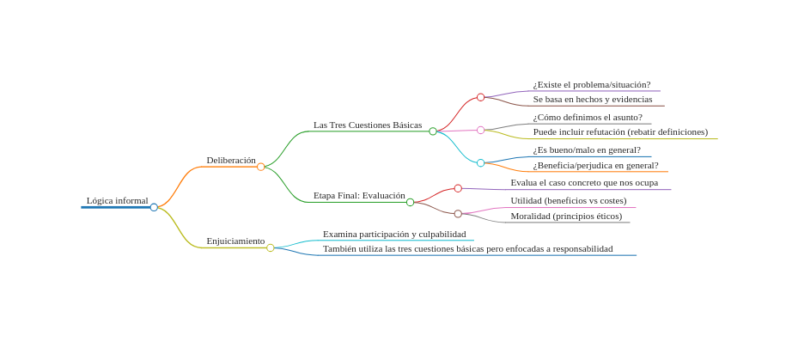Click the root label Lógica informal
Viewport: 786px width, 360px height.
[x=117, y=201]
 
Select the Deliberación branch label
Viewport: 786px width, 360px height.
[x=230, y=161]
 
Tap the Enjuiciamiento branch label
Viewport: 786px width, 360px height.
[x=235, y=241]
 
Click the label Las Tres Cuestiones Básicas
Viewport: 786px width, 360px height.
[x=368, y=125]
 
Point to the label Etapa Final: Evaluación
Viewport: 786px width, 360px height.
[x=359, y=196]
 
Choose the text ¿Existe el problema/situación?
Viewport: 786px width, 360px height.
[x=591, y=85]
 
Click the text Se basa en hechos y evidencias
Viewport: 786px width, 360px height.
[x=593, y=100]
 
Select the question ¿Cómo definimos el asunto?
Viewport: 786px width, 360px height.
[x=587, y=118]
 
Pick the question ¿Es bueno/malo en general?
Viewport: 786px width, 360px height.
[x=586, y=150]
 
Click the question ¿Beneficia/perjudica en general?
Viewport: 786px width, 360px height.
[x=594, y=166]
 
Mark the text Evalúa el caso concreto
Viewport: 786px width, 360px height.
[x=584, y=183]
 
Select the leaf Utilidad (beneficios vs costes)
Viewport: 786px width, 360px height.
[x=568, y=201]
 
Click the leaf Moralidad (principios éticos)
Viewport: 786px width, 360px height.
[x=566, y=217]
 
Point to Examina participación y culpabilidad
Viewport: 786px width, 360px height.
[x=393, y=235]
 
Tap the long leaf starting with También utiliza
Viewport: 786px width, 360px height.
[x=467, y=249]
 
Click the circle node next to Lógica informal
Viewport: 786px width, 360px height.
[x=154, y=207]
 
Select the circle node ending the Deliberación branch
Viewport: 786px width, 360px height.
[x=261, y=167]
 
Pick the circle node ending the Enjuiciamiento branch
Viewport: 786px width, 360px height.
[x=271, y=247]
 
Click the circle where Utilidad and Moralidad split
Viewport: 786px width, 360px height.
[x=458, y=214]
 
